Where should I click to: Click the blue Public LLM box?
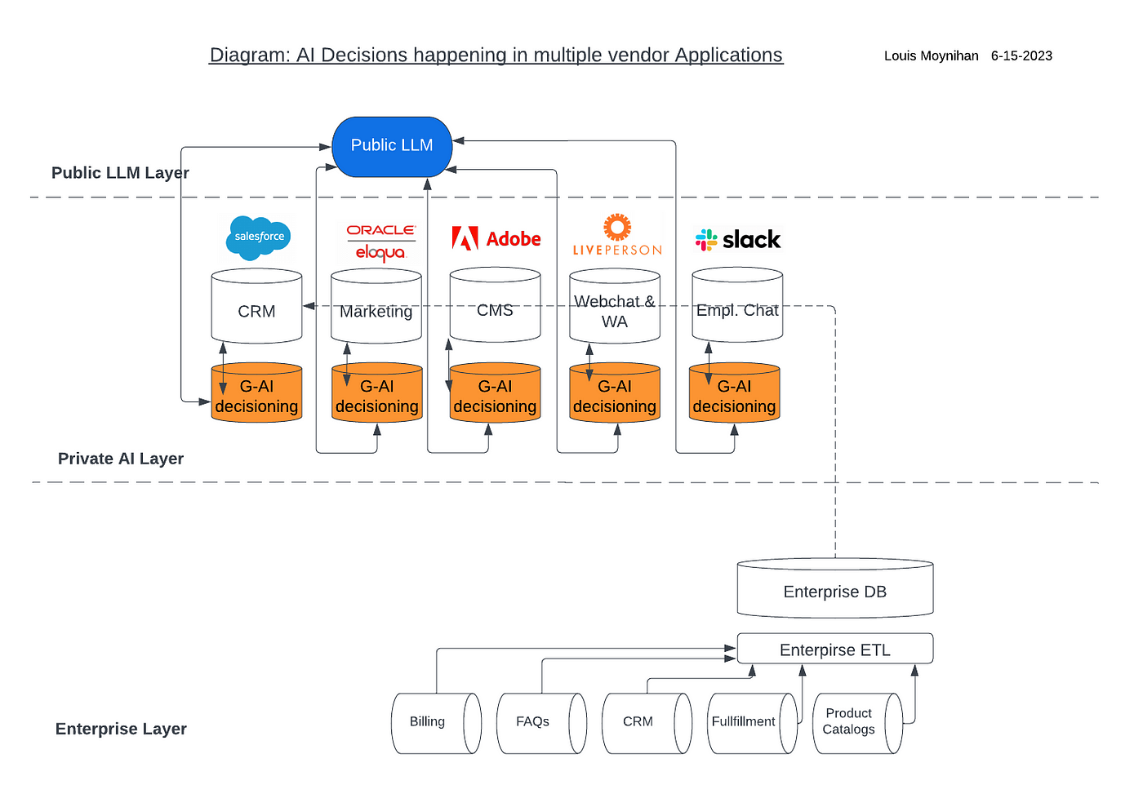pyautogui.click(x=392, y=146)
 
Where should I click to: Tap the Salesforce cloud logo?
pyautogui.click(x=258, y=237)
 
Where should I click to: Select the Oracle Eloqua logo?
pyautogui.click(x=380, y=242)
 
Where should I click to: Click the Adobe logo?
pyautogui.click(x=496, y=238)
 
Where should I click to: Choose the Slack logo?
pyautogui.click(x=738, y=240)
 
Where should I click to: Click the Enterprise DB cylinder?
pyautogui.click(x=834, y=589)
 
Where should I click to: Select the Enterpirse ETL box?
pyautogui.click(x=834, y=650)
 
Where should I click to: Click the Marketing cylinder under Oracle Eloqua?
pyautogui.click(x=376, y=307)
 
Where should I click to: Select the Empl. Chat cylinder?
pyautogui.click(x=737, y=305)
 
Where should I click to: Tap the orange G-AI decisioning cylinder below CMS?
pyautogui.click(x=495, y=393)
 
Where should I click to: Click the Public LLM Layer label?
pyautogui.click(x=120, y=173)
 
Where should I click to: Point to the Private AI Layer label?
pyautogui.click(x=121, y=459)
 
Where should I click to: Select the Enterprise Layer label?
pyautogui.click(x=121, y=729)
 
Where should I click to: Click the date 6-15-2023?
pyautogui.click(x=1021, y=56)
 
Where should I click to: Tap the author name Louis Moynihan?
pyautogui.click(x=931, y=56)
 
